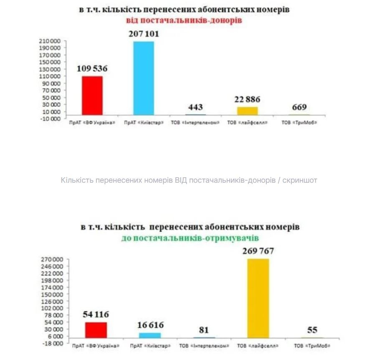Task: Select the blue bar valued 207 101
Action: pyautogui.click(x=143, y=78)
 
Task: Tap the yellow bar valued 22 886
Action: pyautogui.click(x=248, y=111)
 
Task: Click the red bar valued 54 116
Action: pyautogui.click(x=96, y=330)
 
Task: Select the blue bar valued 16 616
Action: pyautogui.click(x=150, y=335)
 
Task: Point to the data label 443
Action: pyautogui.click(x=195, y=107)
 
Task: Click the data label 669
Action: pyautogui.click(x=299, y=107)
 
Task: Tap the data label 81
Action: pyautogui.click(x=204, y=330)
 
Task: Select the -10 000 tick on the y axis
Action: pyautogui.click(x=51, y=119)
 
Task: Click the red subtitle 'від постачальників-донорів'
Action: pyautogui.click(x=184, y=20)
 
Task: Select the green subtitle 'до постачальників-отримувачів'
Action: pyautogui.click(x=190, y=238)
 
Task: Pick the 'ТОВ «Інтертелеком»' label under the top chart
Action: pyautogui.click(x=195, y=123)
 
